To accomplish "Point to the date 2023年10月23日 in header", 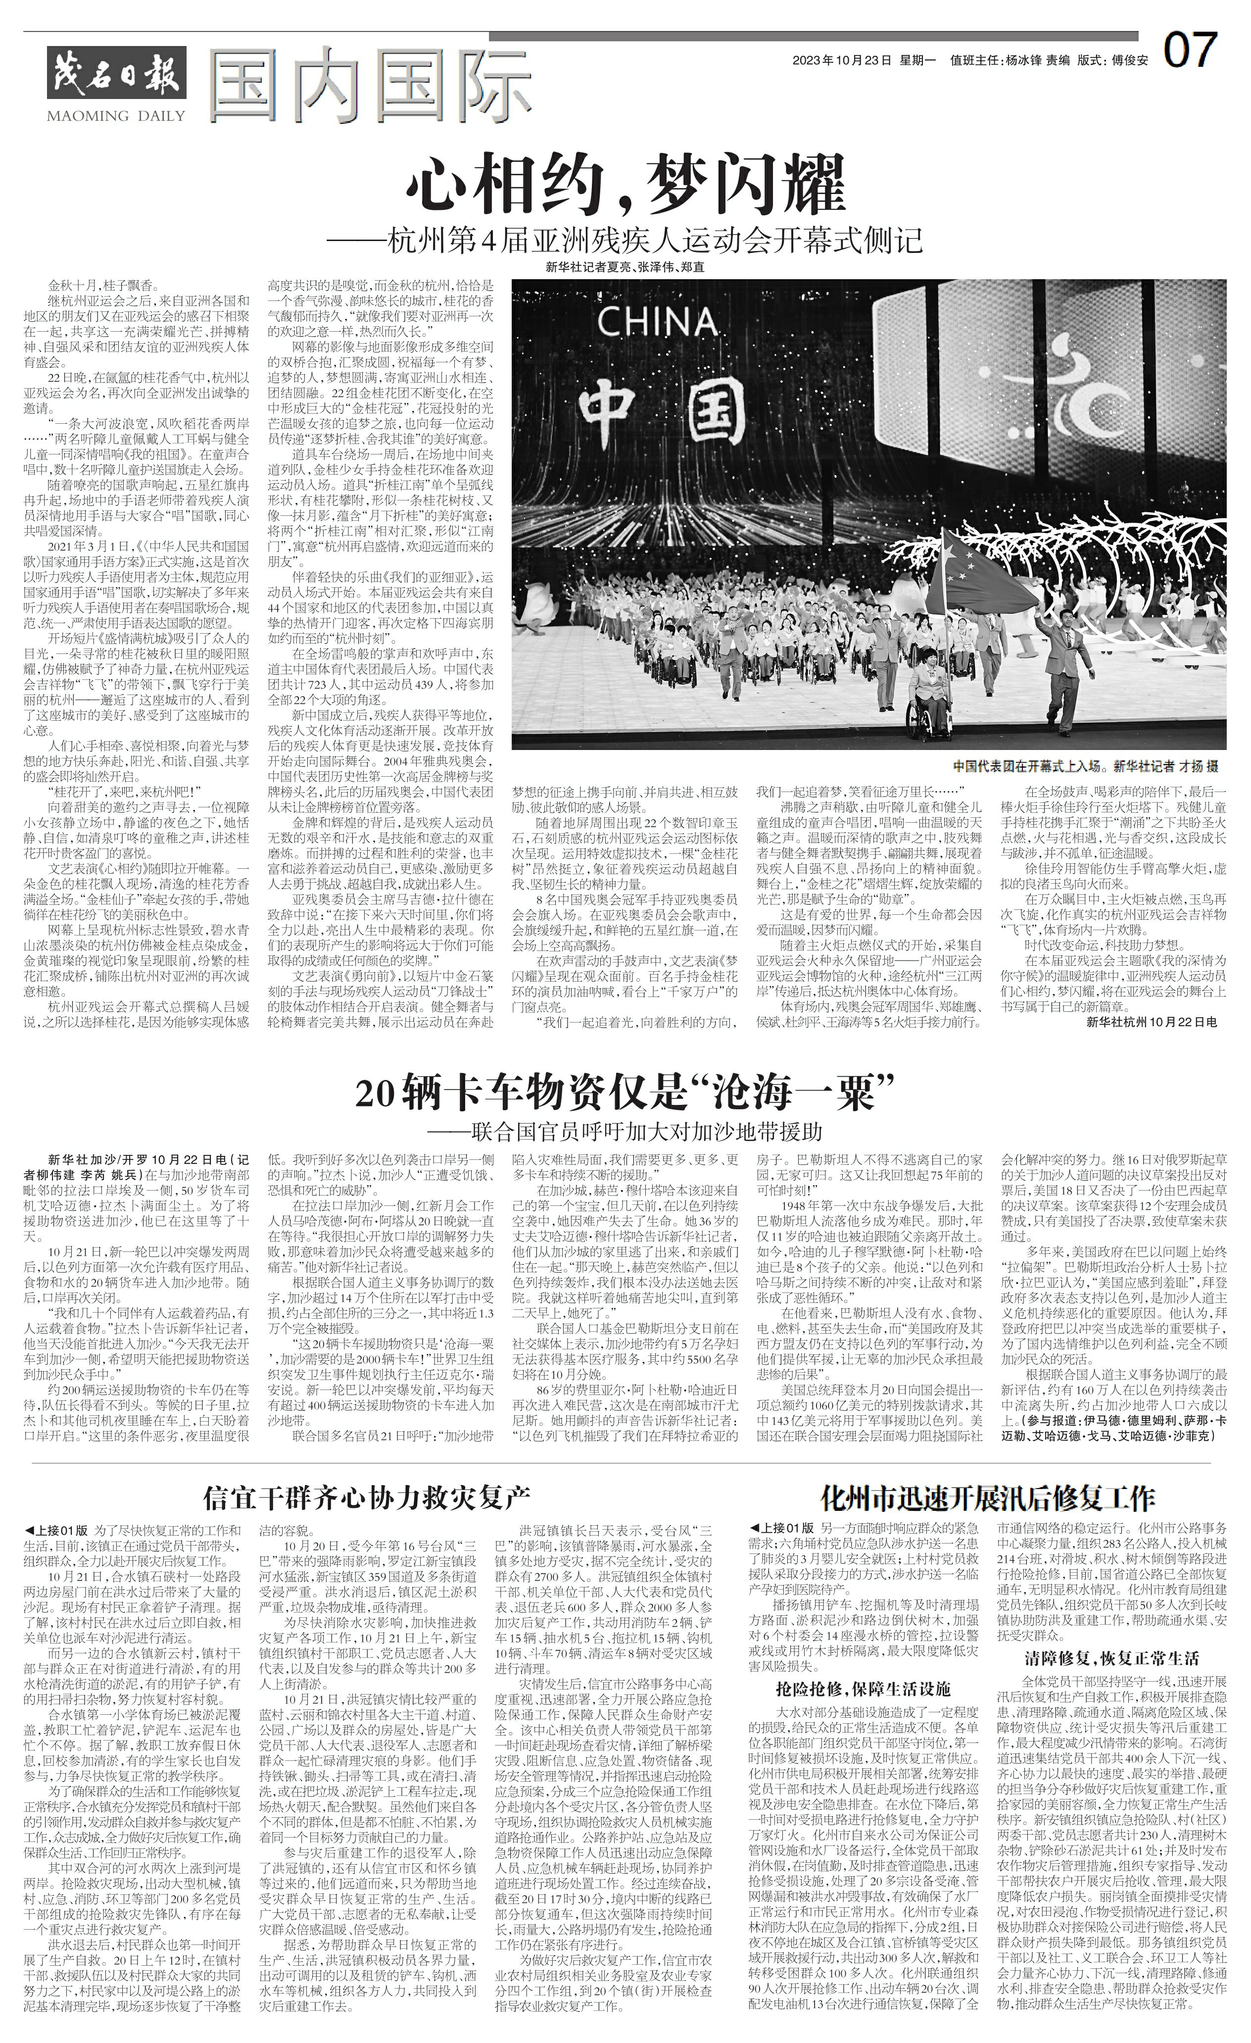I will (841, 60).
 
